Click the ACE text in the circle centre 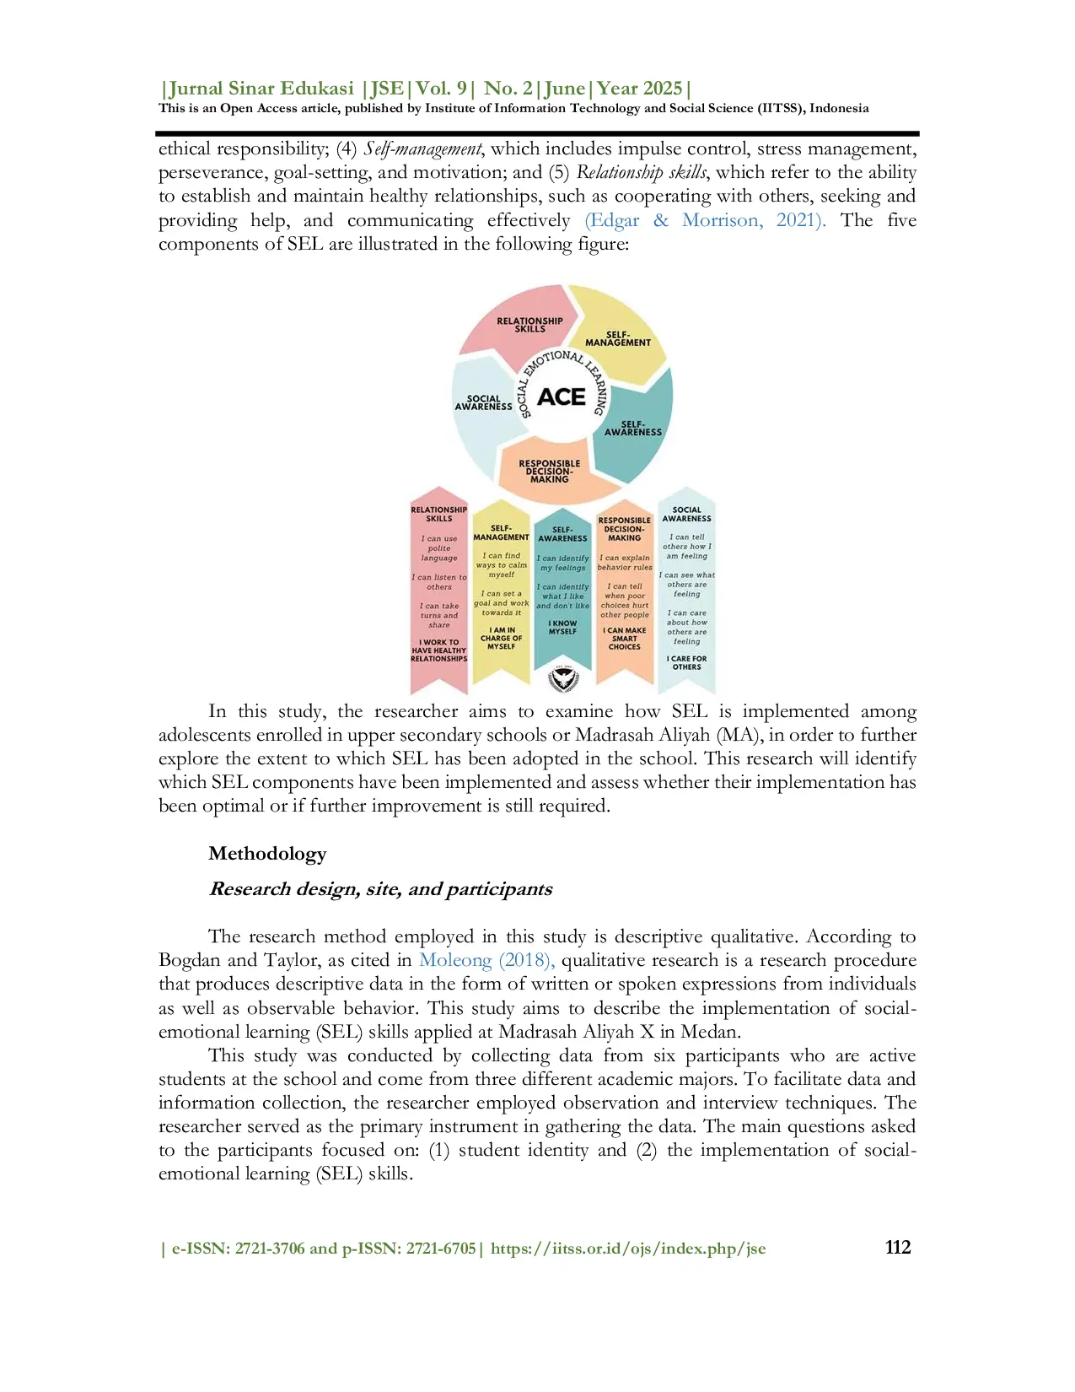coord(561,397)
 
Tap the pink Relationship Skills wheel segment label coord(529,325)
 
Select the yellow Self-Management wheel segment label coord(618,338)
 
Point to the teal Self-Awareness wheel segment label coord(633,429)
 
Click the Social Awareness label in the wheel coord(483,402)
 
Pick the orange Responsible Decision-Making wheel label coord(550,472)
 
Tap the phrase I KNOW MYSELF coord(562,628)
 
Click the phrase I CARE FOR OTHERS coord(686,663)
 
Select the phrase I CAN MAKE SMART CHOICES coord(625,639)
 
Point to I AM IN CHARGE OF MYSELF coord(501,638)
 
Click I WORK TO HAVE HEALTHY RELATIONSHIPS coord(438,650)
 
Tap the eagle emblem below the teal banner coord(562,677)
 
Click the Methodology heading coord(267,854)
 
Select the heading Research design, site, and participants coord(380,889)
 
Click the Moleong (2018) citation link coord(486,960)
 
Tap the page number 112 coord(898,1248)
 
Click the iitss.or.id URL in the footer coord(628,1249)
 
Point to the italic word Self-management coord(422,149)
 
